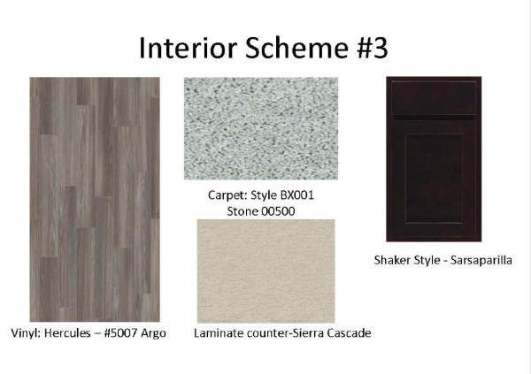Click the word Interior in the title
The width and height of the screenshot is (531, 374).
pyautogui.click(x=188, y=48)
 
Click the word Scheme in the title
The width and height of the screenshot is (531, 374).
pyautogui.click(x=296, y=48)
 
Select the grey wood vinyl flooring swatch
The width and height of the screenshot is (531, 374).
pyautogui.click(x=95, y=199)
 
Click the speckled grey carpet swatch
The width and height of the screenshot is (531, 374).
pyautogui.click(x=261, y=128)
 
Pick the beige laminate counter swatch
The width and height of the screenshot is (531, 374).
pyautogui.click(x=265, y=271)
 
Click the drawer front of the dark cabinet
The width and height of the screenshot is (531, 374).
pyautogui.click(x=434, y=98)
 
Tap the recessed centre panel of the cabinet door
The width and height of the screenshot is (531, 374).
pyautogui.click(x=434, y=179)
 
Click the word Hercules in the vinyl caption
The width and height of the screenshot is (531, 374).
pyautogui.click(x=67, y=333)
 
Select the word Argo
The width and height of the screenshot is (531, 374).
pyautogui.click(x=153, y=333)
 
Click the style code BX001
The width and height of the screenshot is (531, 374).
pyautogui.click(x=297, y=195)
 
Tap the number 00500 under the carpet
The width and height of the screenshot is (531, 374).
pyautogui.click(x=278, y=211)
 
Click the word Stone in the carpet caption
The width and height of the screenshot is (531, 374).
pyautogui.click(x=242, y=211)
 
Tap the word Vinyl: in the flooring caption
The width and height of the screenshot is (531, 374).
pyautogui.click(x=26, y=333)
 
